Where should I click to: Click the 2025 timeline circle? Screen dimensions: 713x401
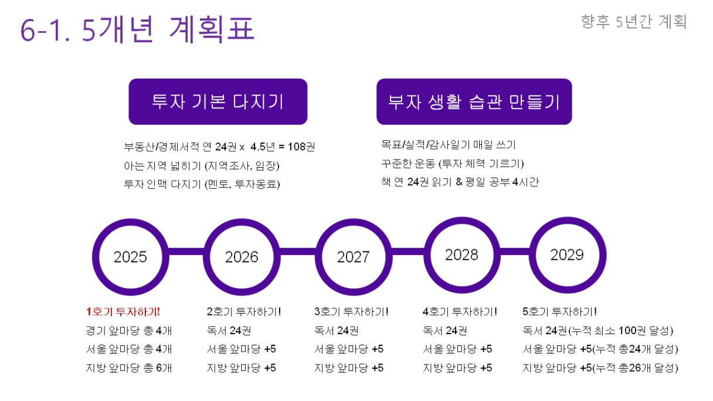[x=96, y=257]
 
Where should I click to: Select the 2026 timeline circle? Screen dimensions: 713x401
[x=207, y=257]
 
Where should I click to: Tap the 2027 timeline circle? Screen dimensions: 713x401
[x=318, y=257]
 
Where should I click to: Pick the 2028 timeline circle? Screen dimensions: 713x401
[x=427, y=255]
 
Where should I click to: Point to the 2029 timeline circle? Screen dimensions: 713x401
[x=533, y=255]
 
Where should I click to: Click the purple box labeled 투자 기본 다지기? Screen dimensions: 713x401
[x=218, y=101]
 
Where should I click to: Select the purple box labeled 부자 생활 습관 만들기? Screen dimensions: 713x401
[x=474, y=101]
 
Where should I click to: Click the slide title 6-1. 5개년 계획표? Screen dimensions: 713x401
[x=137, y=29]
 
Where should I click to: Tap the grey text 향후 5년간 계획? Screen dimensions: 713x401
[x=634, y=22]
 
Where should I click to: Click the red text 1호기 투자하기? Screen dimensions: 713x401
[x=123, y=311]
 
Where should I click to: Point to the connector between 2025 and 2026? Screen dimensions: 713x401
[x=186, y=252]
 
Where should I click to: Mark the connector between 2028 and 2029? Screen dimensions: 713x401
[x=515, y=252]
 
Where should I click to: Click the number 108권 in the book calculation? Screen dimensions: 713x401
[x=301, y=147]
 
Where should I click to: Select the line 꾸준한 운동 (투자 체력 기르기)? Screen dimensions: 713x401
[x=452, y=164]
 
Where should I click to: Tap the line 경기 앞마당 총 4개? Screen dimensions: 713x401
[x=129, y=331]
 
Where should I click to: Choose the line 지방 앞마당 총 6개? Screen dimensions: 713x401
[x=129, y=368]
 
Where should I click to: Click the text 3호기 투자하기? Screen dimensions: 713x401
[x=351, y=311]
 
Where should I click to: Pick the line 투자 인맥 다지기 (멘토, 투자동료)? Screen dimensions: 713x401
[x=202, y=184]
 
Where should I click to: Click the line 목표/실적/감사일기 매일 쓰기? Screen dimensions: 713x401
[x=448, y=145]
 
